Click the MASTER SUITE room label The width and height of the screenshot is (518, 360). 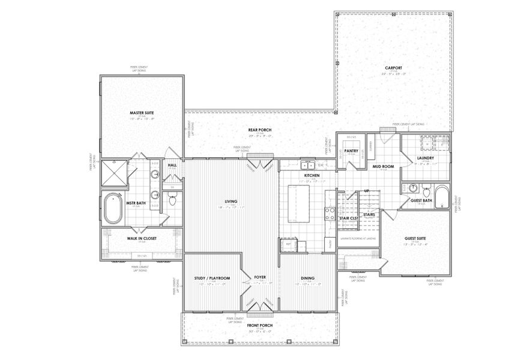[142, 112]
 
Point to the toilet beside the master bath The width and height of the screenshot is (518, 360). [172, 201]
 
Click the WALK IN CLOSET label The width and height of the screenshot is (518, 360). [141, 238]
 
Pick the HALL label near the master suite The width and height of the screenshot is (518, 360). [172, 165]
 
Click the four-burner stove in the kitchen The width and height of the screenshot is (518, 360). [330, 212]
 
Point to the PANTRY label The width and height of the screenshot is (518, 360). [351, 151]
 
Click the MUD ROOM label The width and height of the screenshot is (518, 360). [382, 166]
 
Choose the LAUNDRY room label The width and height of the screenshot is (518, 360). [425, 158]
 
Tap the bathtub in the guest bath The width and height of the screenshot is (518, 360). [441, 197]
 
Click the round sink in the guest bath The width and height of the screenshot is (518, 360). [414, 188]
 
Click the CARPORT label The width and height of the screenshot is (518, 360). [393, 68]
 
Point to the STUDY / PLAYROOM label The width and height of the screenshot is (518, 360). [212, 278]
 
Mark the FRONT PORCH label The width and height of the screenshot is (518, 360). [260, 325]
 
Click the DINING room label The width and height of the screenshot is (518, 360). [308, 278]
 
